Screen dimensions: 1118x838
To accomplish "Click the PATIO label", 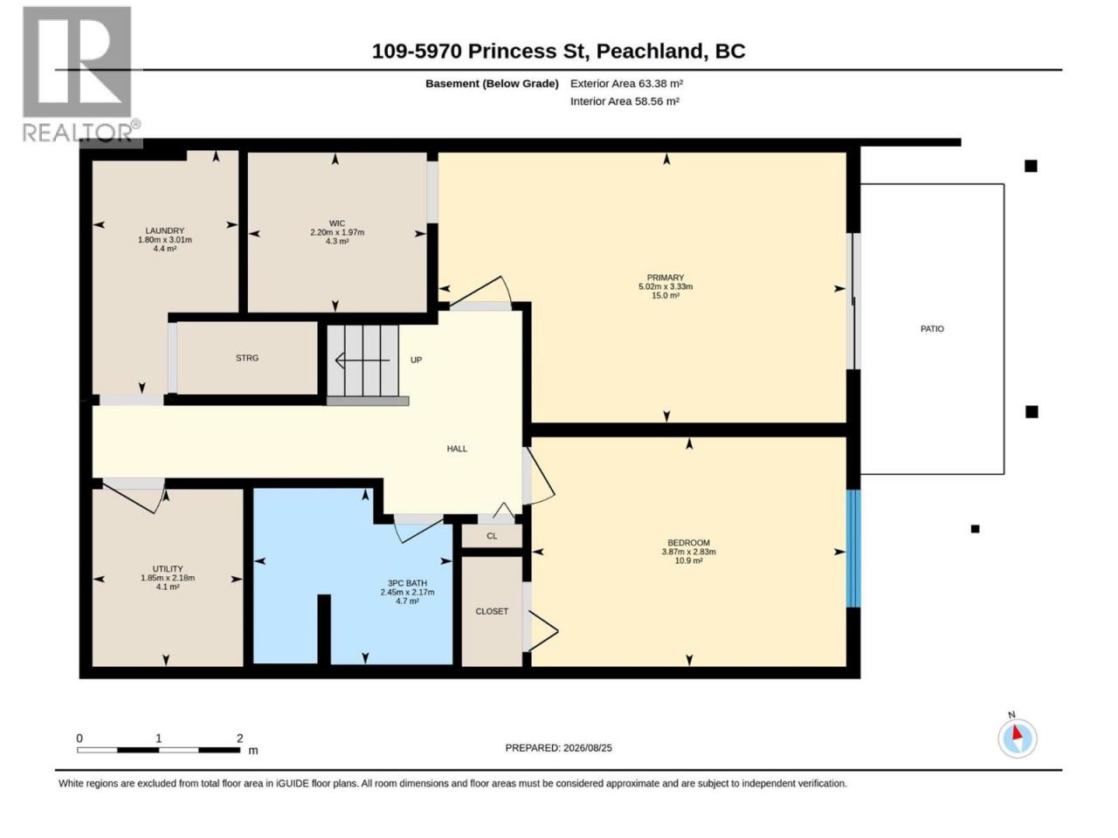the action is (932, 329).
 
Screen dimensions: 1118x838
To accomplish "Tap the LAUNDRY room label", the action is (164, 230).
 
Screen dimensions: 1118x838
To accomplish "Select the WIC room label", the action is (336, 223).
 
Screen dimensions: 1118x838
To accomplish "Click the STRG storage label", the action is (247, 358).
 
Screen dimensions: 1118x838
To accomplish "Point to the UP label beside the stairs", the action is (416, 360).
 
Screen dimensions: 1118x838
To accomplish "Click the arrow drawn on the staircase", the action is (362, 361).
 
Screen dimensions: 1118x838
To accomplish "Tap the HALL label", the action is (457, 449).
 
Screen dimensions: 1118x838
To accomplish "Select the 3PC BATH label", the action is (407, 583).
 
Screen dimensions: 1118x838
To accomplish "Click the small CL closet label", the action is (492, 536).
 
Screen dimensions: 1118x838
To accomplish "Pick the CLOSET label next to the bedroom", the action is (492, 611).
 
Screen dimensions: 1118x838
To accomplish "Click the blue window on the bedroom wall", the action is (853, 548).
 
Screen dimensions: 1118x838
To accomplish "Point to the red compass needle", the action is (1017, 732).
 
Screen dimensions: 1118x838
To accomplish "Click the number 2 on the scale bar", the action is (240, 738).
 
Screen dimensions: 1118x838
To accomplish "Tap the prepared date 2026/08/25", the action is (588, 747).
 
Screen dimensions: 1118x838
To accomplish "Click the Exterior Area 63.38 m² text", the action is (626, 84).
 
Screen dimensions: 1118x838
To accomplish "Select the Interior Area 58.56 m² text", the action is (625, 101).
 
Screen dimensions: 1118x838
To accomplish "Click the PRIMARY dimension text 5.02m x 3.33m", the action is (666, 286).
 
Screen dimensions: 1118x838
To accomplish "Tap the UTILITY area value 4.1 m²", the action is (168, 587).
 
